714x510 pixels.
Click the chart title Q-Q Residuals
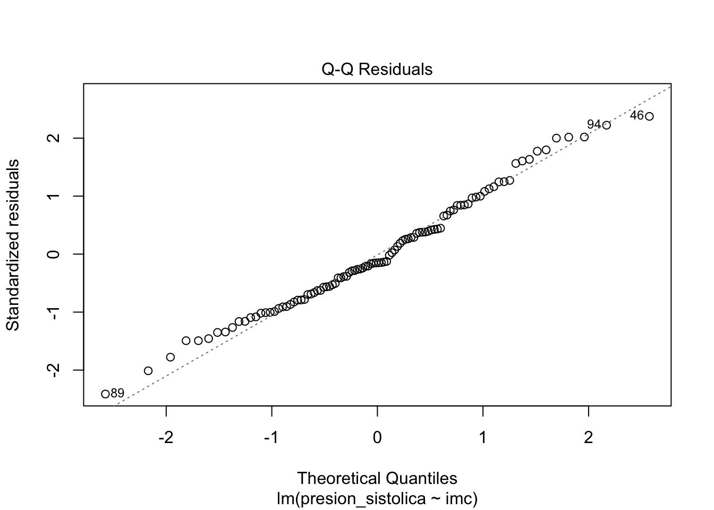[x=377, y=70]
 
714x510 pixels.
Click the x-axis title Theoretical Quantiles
[x=377, y=478]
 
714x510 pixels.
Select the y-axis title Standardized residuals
[x=13, y=245]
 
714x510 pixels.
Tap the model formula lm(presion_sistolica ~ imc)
[x=377, y=499]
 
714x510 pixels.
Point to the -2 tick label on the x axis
[x=166, y=438]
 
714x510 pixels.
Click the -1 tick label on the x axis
[x=271, y=438]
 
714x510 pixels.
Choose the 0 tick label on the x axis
[x=377, y=438]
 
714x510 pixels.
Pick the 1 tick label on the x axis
[x=483, y=438]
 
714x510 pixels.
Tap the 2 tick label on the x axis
[x=588, y=438]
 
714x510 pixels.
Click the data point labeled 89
[x=105, y=394]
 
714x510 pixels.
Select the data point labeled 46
[x=649, y=116]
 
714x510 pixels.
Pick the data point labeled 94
[x=606, y=125]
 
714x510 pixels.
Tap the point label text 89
[x=117, y=394]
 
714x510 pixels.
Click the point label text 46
[x=636, y=115]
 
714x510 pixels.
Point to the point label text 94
[x=594, y=124]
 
